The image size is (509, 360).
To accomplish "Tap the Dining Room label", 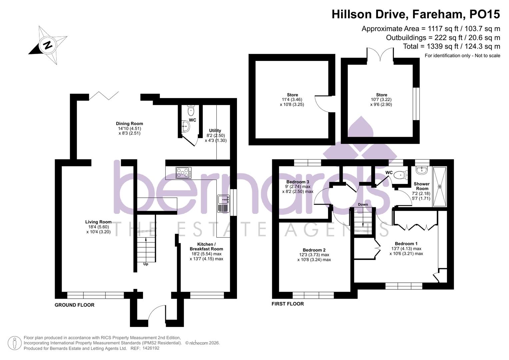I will pyautogui.click(x=129, y=124).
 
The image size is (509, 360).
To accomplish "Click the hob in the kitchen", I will pyautogui.click(x=184, y=173).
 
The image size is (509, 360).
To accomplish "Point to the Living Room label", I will pyautogui.click(x=98, y=222).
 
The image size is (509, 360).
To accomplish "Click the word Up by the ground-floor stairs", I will pyautogui.click(x=146, y=264).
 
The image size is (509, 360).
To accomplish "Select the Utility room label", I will pyautogui.click(x=215, y=131).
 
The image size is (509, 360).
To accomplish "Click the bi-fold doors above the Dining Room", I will pyautogui.click(x=104, y=95).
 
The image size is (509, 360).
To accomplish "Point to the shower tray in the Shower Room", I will pyautogui.click(x=439, y=186).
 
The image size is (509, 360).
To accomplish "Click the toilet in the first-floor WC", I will pyautogui.click(x=400, y=175).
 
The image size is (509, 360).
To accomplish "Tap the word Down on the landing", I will pyautogui.click(x=363, y=204).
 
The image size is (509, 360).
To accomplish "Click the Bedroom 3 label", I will pyautogui.click(x=298, y=182).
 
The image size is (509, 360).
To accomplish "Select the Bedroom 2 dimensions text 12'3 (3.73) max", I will pyautogui.click(x=314, y=255).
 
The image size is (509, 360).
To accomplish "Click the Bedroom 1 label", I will pyautogui.click(x=406, y=244).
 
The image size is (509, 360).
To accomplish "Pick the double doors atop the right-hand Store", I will pyautogui.click(x=380, y=54).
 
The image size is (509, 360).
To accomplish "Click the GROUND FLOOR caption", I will pyautogui.click(x=74, y=305).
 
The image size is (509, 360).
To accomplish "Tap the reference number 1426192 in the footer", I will pyautogui.click(x=151, y=348).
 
